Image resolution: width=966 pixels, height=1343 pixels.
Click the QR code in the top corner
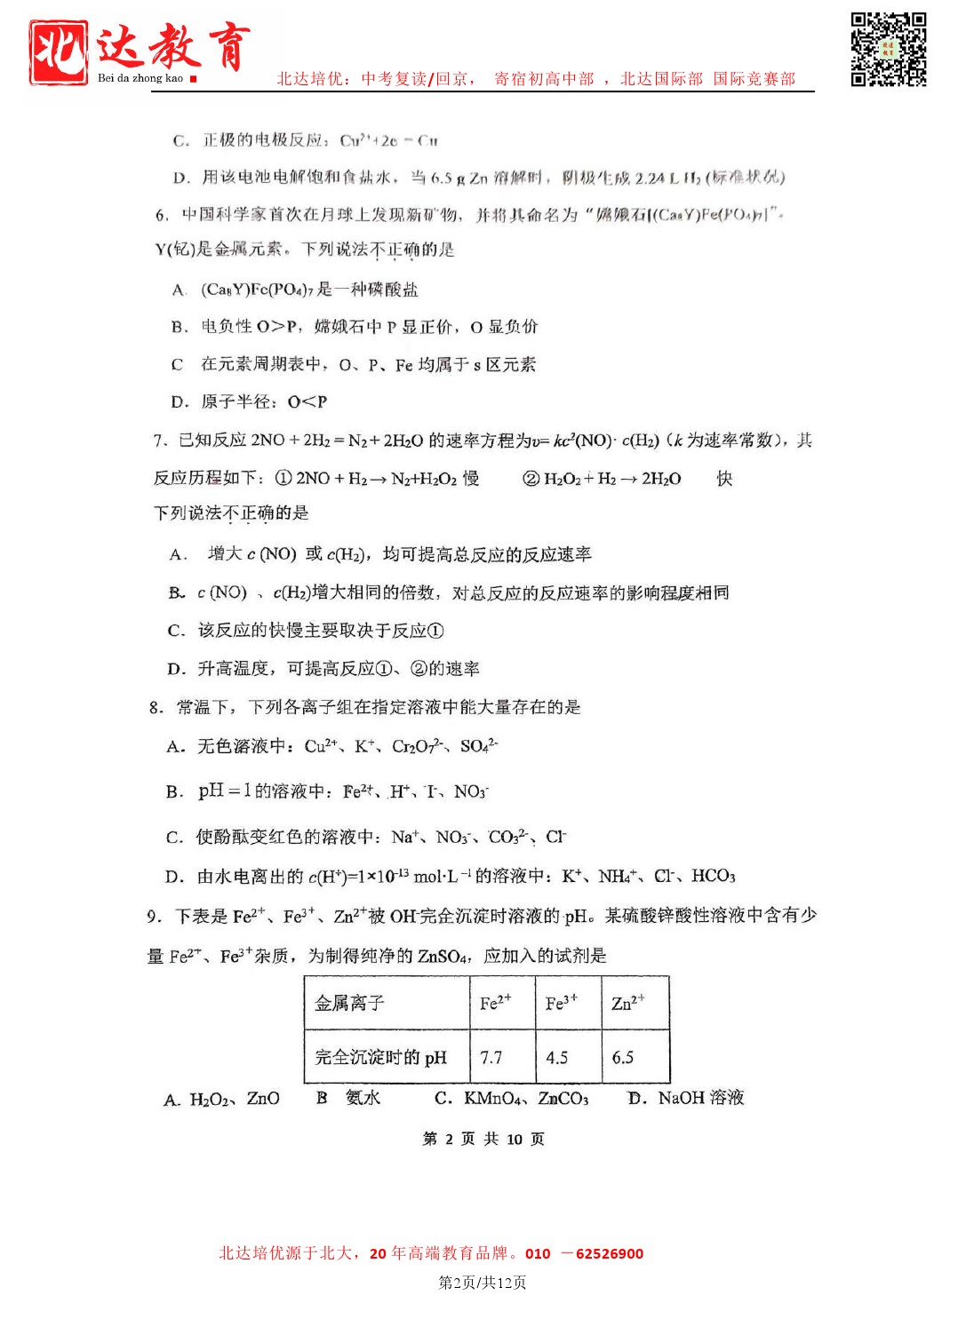(888, 49)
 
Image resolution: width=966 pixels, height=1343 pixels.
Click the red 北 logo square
(59, 52)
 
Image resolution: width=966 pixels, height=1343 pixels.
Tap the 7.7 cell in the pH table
(491, 1057)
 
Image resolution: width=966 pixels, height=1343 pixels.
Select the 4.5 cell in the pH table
(557, 1057)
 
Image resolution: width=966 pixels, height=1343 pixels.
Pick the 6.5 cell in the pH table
(623, 1057)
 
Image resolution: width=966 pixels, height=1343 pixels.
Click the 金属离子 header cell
(350, 1003)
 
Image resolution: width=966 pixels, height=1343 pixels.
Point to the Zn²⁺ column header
(628, 1003)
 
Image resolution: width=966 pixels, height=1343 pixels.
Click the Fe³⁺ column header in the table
(562, 1003)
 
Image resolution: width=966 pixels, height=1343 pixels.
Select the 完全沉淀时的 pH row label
(381, 1057)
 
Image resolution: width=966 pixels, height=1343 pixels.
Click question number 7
(160, 441)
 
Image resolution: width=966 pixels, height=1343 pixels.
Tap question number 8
(156, 707)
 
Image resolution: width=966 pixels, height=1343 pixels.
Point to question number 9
(154, 916)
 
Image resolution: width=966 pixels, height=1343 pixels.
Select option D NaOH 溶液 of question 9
(687, 1098)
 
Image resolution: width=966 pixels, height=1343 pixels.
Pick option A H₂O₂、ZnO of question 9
(223, 1099)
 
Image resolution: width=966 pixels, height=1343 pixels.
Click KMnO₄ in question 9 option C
(492, 1099)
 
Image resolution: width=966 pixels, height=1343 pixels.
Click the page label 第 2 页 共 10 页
(483, 1139)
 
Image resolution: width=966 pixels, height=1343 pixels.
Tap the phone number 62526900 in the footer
(610, 1253)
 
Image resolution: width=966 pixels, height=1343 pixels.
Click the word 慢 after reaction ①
(471, 478)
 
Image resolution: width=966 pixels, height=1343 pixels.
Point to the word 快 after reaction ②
(725, 478)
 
